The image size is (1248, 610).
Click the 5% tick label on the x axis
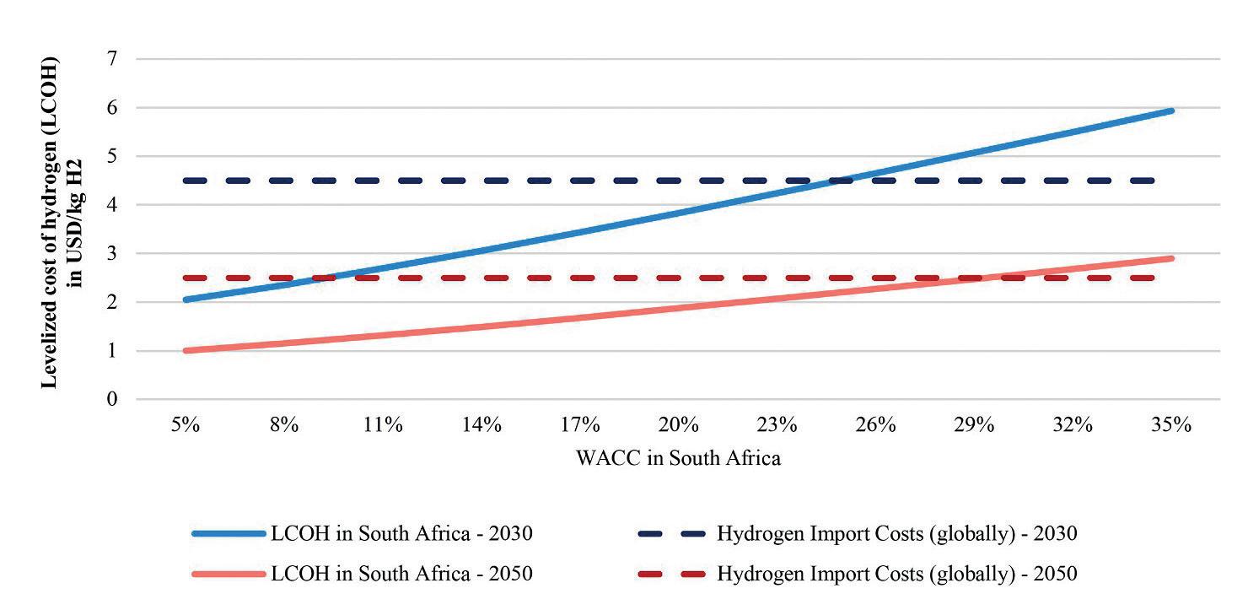point(186,424)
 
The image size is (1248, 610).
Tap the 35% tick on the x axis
point(1171,424)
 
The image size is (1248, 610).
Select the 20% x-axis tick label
point(679,424)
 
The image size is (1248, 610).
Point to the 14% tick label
point(481,424)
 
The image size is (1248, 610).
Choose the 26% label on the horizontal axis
point(875,424)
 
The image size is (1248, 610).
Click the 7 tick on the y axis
point(112,59)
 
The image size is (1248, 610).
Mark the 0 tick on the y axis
point(112,399)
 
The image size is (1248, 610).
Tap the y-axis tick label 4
point(112,205)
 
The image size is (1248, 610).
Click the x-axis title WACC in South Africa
point(678,458)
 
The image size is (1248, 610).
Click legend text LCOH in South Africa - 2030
point(401,533)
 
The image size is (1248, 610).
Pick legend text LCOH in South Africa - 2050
point(401,574)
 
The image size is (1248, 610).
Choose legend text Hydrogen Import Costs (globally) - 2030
point(897,533)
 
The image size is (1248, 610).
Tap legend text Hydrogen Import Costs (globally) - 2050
point(897,574)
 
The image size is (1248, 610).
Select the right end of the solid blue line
point(1171,111)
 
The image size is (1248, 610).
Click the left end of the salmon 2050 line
point(186,350)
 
